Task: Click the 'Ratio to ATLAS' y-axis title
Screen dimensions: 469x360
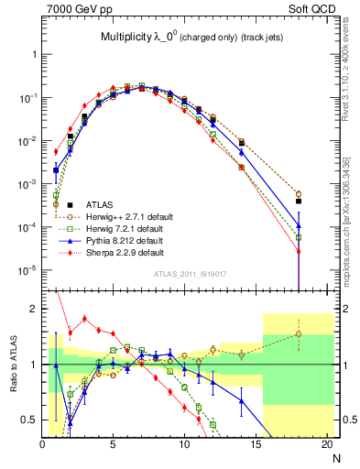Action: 12,365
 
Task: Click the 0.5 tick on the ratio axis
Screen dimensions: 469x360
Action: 30,420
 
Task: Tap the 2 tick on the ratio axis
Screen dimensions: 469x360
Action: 34,309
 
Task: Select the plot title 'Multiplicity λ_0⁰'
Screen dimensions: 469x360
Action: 137,38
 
